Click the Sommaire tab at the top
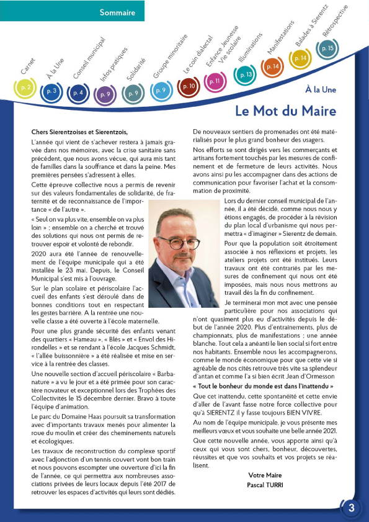click(x=118, y=12)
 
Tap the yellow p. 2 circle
click(x=25, y=89)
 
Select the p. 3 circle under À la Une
click(x=52, y=92)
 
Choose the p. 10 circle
click(x=189, y=86)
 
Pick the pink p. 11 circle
click(x=215, y=81)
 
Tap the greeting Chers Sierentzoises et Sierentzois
click(x=79, y=132)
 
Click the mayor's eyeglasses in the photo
click(x=179, y=242)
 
